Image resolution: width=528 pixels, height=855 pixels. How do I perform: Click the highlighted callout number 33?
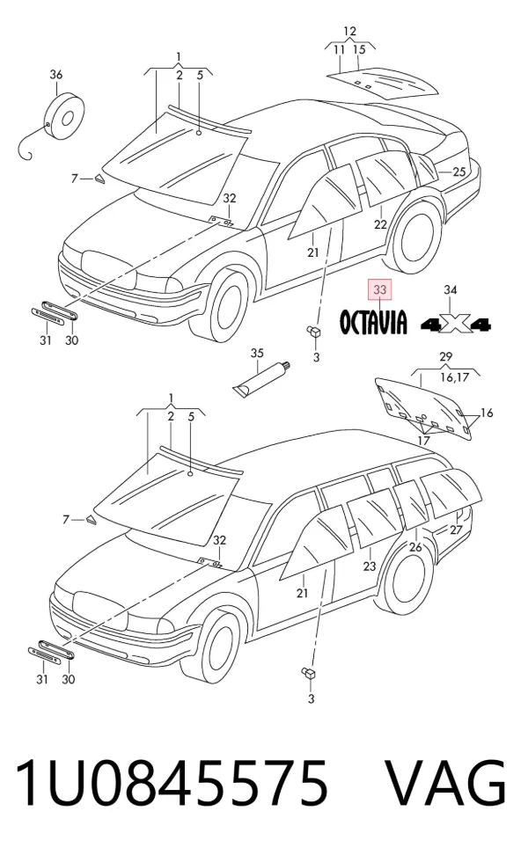pyautogui.click(x=379, y=289)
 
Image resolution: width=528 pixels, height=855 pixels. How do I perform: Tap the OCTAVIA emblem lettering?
pyautogui.click(x=373, y=321)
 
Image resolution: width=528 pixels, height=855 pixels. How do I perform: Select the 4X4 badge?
pyautogui.click(x=456, y=325)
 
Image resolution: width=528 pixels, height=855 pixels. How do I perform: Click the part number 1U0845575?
pyautogui.click(x=172, y=783)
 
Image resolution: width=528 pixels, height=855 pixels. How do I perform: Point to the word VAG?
pyautogui.click(x=447, y=783)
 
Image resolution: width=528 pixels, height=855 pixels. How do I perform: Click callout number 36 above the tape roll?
pyautogui.click(x=56, y=75)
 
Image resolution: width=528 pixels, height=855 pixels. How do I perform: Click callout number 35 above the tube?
pyautogui.click(x=257, y=353)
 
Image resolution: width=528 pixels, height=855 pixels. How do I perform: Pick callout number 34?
pyautogui.click(x=450, y=290)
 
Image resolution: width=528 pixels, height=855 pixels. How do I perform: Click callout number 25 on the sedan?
pyautogui.click(x=459, y=172)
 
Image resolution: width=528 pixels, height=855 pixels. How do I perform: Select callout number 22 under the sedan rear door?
pyautogui.click(x=380, y=223)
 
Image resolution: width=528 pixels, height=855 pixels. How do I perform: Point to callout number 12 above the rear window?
pyautogui.click(x=349, y=31)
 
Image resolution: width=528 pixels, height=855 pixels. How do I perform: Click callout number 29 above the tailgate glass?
pyautogui.click(x=445, y=357)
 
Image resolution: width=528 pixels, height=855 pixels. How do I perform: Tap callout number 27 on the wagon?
pyautogui.click(x=456, y=530)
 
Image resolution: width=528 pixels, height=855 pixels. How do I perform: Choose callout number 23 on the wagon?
pyautogui.click(x=370, y=566)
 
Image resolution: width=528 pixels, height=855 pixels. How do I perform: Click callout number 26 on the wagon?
pyautogui.click(x=415, y=546)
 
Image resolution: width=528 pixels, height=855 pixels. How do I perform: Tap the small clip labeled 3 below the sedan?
pyautogui.click(x=313, y=332)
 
